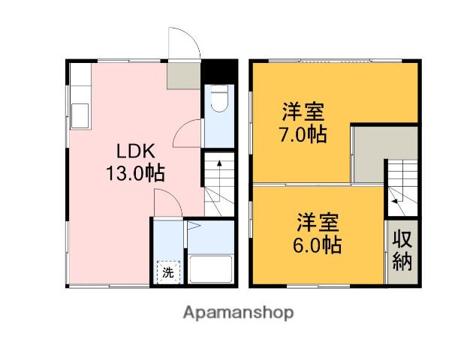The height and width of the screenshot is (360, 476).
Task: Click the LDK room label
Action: tap(136, 151)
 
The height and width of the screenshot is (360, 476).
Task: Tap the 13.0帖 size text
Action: tap(135, 173)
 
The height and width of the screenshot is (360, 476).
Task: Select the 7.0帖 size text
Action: tap(303, 134)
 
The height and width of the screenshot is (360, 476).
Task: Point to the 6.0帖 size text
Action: tap(318, 245)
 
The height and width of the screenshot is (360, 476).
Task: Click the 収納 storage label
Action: tap(402, 250)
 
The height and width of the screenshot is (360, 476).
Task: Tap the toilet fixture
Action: tap(219, 98)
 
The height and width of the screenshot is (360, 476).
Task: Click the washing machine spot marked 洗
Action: tap(168, 272)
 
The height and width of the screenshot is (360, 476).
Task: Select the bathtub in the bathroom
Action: tap(211, 269)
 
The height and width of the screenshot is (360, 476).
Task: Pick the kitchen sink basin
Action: tap(80, 115)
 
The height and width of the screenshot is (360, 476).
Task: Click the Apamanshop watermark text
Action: tap(238, 313)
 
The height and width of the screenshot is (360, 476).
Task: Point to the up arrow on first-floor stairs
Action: tap(219, 181)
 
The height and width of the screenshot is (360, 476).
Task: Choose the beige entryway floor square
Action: tap(184, 76)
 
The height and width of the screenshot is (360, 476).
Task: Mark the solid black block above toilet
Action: tap(219, 71)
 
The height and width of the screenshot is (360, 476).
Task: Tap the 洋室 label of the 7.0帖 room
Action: tap(303, 112)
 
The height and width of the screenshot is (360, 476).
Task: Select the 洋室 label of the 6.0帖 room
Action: tap(318, 222)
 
